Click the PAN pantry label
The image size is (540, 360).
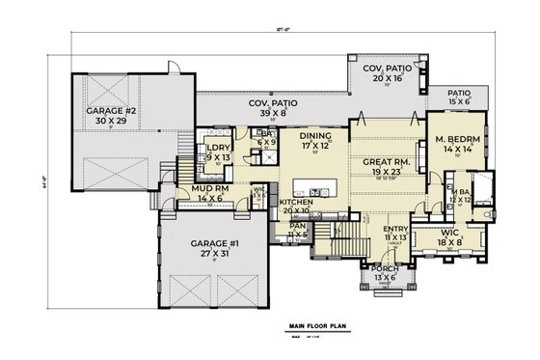pyautogui.click(x=297, y=229)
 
